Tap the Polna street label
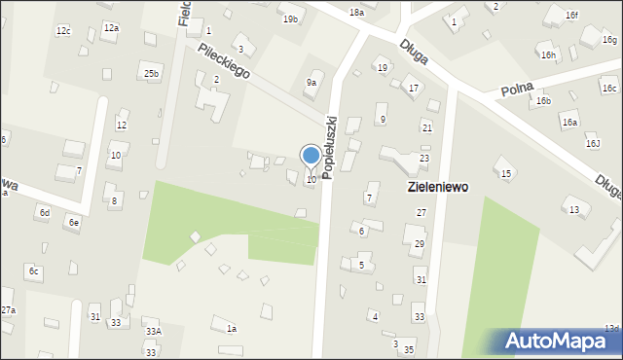point(518,90)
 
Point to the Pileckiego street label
point(223,60)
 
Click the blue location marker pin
point(311,157)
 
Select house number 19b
point(290,19)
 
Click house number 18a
point(356,12)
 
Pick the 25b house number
point(150,74)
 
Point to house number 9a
point(311,83)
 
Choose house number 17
point(414,89)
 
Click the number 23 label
point(423,158)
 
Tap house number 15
point(505,173)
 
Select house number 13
point(574,210)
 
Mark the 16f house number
point(572,16)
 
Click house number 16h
point(549,55)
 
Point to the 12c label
point(62,31)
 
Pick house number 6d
point(44,212)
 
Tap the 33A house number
point(154,332)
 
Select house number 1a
point(232,329)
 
